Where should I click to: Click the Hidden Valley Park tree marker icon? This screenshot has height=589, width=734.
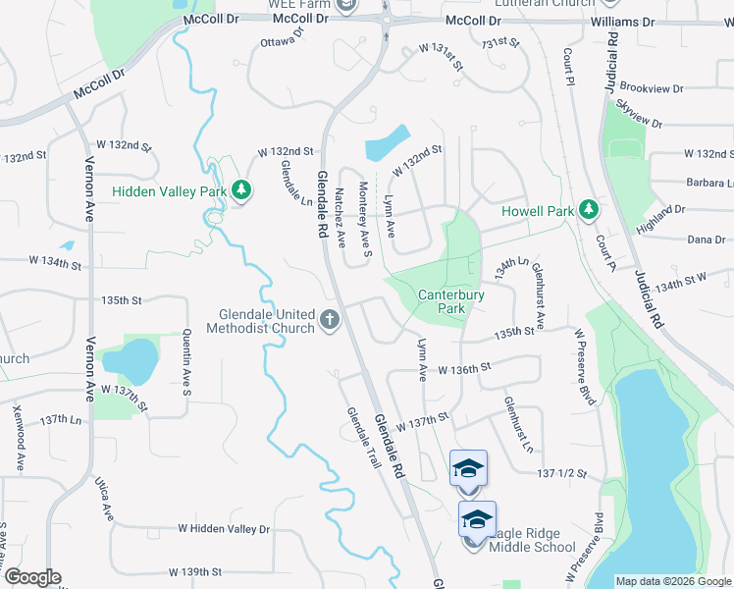click(240, 190)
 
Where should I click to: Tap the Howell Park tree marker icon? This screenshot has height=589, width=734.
click(588, 209)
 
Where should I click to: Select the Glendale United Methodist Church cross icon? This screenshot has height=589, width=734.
click(330, 320)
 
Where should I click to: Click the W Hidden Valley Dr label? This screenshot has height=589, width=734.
click(224, 528)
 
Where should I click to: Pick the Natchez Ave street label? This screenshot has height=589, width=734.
click(341, 216)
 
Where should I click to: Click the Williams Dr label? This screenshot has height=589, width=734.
click(623, 21)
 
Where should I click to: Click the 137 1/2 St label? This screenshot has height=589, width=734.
click(562, 473)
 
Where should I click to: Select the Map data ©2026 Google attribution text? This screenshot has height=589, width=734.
click(673, 581)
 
